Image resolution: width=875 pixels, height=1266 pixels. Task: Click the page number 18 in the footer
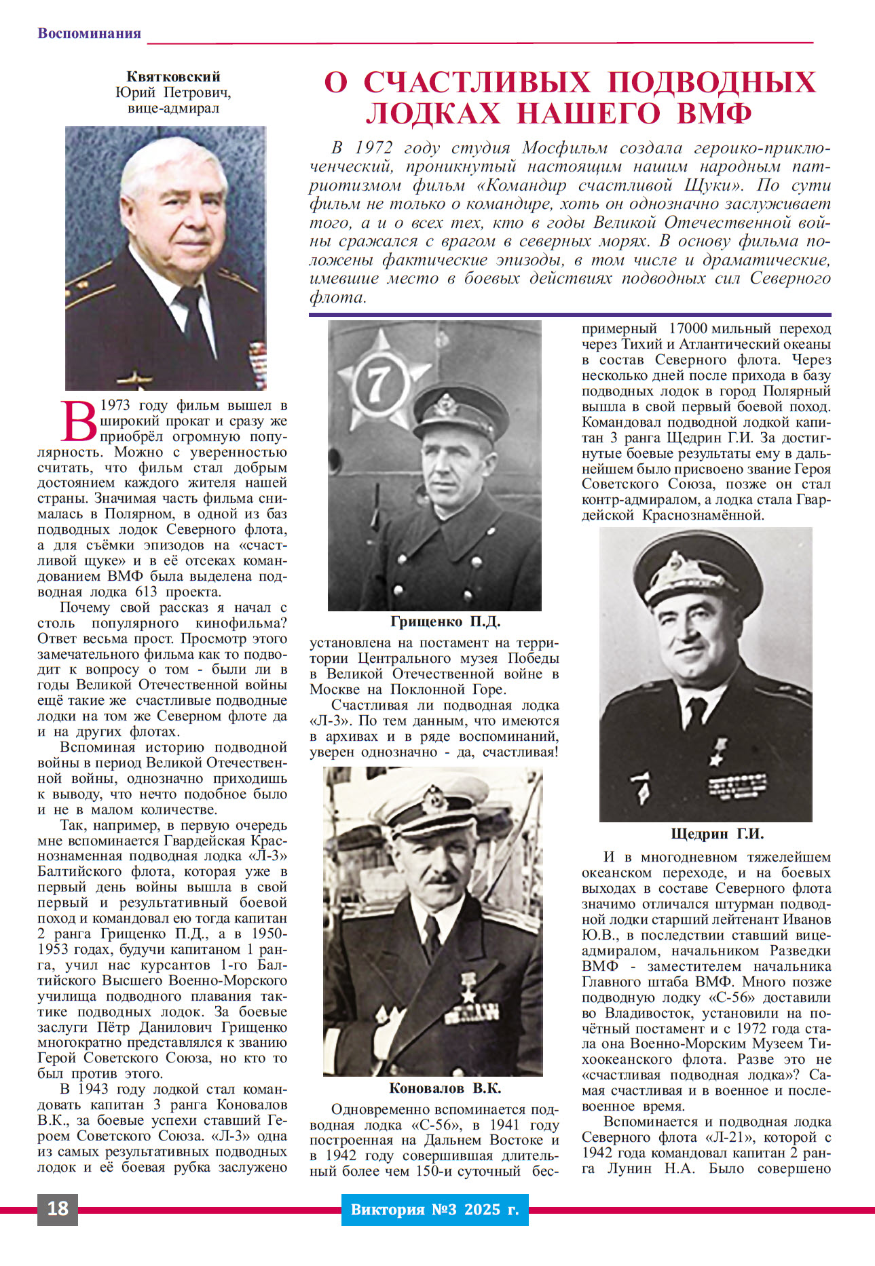click(58, 1208)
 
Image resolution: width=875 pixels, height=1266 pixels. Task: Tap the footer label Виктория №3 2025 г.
click(434, 1209)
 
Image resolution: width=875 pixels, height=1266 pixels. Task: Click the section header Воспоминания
click(89, 33)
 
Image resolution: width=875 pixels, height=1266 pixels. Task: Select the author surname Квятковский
click(173, 77)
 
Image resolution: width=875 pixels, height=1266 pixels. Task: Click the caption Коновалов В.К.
click(445, 1088)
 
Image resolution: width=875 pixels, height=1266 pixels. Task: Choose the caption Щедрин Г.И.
click(717, 834)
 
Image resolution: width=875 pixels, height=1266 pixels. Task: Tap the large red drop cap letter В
click(79, 421)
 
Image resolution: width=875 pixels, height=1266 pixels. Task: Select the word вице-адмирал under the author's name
click(173, 108)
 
